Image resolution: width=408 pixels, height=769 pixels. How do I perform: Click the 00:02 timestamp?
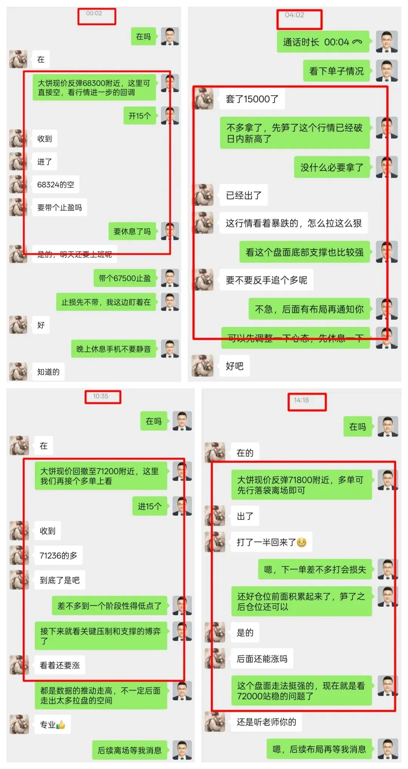(94, 13)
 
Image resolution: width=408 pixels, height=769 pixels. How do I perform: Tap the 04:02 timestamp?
(294, 15)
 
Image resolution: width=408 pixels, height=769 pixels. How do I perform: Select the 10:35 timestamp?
(100, 396)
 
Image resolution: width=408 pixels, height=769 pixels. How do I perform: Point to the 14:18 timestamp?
(301, 400)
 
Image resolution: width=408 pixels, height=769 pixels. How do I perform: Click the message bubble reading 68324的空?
(56, 185)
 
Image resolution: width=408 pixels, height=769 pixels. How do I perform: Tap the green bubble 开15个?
(139, 116)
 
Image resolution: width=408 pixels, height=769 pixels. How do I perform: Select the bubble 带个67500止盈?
(125, 278)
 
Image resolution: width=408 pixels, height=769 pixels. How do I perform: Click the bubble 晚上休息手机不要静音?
(113, 349)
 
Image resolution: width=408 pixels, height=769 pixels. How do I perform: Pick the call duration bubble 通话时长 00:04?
(323, 42)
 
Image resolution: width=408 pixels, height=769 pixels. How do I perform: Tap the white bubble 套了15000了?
(252, 99)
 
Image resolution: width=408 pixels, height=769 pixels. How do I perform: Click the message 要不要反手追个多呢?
(266, 280)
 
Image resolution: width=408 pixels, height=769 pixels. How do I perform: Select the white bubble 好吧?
(234, 366)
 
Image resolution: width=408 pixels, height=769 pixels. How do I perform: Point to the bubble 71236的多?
(58, 555)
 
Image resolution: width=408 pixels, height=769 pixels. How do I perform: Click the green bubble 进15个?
(150, 506)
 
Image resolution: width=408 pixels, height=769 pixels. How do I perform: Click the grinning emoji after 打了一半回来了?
(301, 542)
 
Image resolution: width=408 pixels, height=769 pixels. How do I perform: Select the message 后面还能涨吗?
(262, 659)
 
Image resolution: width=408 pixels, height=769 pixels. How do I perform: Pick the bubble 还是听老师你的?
(266, 722)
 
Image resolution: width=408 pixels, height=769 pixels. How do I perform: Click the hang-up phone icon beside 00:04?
(357, 42)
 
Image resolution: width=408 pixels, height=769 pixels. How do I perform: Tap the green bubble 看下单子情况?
(336, 71)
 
